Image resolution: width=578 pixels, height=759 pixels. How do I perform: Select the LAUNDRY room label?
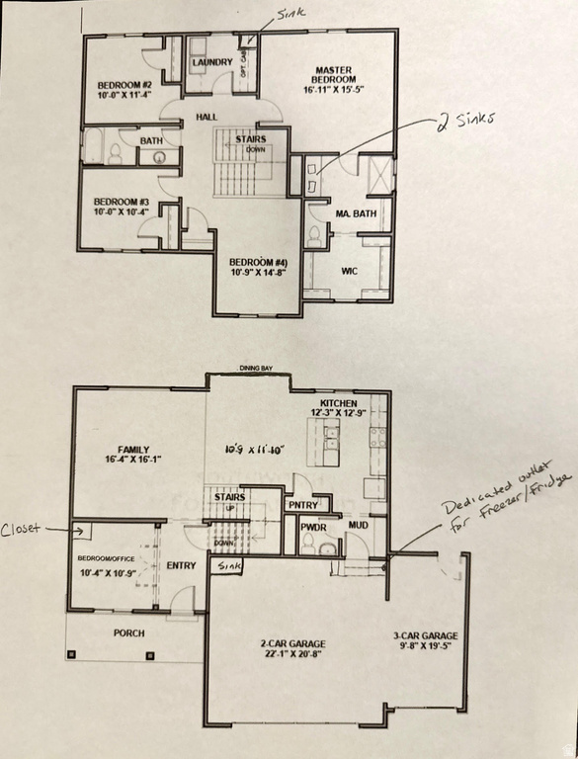point(212,62)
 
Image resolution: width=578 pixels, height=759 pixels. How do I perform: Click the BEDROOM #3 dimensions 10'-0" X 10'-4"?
point(121,211)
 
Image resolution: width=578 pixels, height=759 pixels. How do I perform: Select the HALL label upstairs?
point(206,117)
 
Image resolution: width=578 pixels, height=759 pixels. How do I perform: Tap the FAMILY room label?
point(132,448)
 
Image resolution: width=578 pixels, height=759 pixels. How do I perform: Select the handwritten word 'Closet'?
point(21,529)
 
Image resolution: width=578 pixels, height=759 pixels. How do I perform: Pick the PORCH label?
point(128,632)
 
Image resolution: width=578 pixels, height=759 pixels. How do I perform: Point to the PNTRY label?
point(301,504)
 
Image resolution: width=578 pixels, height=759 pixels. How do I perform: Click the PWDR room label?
point(315,526)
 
